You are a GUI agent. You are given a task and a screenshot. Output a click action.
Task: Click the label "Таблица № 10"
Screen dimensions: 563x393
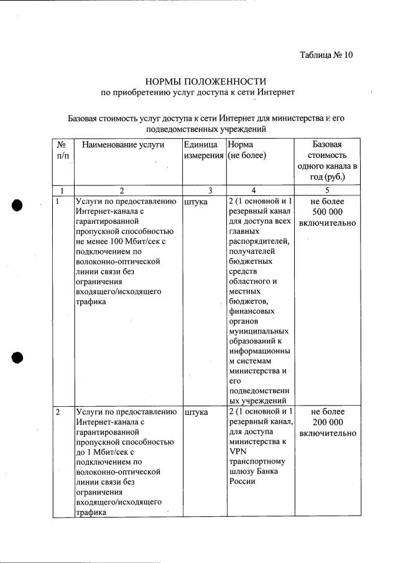(x=326, y=55)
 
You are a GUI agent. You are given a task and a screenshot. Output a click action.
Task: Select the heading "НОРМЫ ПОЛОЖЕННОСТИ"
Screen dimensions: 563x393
(x=205, y=81)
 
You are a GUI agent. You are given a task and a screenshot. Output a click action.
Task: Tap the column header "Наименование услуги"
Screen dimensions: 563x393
(x=123, y=144)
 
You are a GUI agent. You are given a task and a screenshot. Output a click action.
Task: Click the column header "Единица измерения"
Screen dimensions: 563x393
(x=204, y=150)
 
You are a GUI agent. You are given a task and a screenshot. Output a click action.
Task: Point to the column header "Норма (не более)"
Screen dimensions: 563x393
(x=247, y=150)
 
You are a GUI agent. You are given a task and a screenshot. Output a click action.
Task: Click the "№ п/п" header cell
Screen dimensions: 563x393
(x=62, y=150)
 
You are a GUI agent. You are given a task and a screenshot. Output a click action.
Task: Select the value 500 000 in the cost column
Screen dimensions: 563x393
(x=327, y=212)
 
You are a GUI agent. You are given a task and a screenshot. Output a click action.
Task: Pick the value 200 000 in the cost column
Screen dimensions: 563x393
(x=327, y=422)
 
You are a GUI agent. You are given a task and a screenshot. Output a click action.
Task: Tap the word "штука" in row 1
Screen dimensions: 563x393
(x=196, y=202)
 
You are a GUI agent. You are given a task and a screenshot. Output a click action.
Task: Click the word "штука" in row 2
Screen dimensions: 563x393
(x=196, y=412)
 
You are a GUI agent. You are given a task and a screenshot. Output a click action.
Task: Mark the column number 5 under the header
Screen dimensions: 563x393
(x=327, y=190)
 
